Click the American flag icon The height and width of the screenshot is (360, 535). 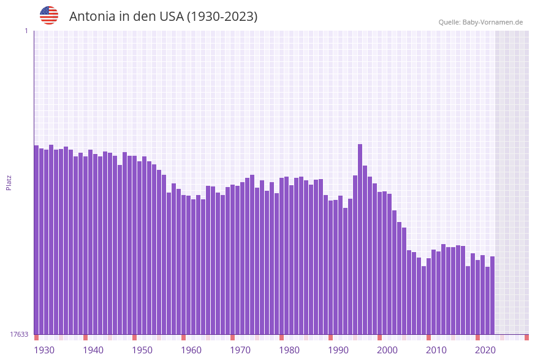click(x=49, y=15)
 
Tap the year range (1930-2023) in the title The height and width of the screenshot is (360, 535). click(x=221, y=17)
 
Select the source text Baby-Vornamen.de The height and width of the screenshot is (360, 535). click(x=493, y=22)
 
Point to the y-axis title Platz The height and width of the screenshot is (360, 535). click(x=9, y=182)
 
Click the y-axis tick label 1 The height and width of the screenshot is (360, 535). click(x=26, y=31)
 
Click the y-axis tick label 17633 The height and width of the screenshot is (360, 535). click(x=20, y=334)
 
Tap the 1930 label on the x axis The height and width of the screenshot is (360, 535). click(x=44, y=350)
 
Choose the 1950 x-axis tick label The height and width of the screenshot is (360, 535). click(x=142, y=350)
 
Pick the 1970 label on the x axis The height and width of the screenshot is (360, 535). click(x=240, y=350)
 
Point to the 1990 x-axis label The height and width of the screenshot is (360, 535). click(x=338, y=350)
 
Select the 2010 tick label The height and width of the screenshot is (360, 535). click(x=436, y=350)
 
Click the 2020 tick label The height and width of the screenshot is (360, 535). click(x=485, y=350)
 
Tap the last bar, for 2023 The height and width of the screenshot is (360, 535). click(x=492, y=295)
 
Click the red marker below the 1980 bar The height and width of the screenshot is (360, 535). click(x=281, y=337)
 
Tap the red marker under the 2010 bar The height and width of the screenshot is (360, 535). click(x=428, y=337)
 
